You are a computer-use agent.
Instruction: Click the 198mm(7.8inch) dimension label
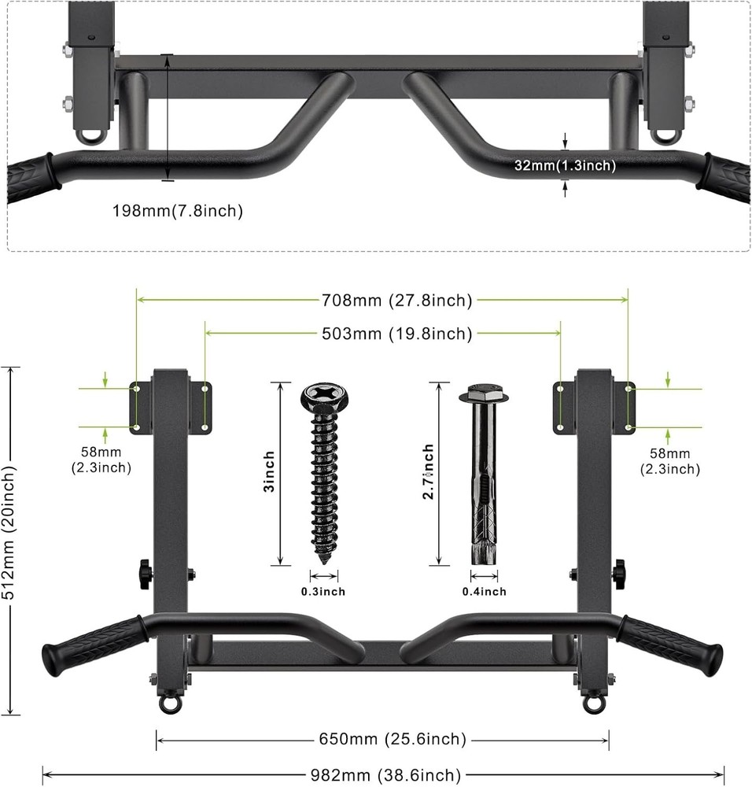tap(177, 210)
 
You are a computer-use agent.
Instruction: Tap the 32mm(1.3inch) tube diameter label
tap(565, 165)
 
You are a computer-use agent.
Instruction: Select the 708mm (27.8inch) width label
tap(396, 300)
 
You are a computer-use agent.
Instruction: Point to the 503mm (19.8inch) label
tap(396, 334)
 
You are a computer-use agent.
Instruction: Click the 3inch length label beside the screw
tap(270, 471)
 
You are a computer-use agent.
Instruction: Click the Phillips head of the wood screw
tap(323, 395)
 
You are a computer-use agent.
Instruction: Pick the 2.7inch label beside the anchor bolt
tap(429, 472)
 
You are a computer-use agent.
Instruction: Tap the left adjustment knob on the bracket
tap(146, 574)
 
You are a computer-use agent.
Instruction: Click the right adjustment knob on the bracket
tap(620, 574)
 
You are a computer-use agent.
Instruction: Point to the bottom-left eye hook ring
tap(170, 703)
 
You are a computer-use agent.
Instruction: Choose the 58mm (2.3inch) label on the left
tap(101, 460)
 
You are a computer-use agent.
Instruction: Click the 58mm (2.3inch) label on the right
tap(669, 461)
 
